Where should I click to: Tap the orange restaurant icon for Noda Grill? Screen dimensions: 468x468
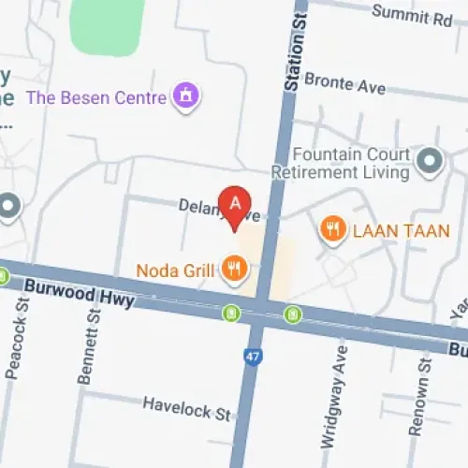point(234,271)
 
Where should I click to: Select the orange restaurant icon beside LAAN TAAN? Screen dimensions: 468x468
point(331,228)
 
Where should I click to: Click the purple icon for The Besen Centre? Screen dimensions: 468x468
point(186,95)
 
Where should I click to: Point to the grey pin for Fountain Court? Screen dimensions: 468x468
point(430,162)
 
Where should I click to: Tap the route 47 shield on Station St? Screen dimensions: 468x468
point(252,356)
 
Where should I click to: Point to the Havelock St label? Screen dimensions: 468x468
point(185,407)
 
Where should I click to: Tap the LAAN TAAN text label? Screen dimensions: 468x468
point(400,229)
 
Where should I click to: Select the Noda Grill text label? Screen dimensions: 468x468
point(176,271)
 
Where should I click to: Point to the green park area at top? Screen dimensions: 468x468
point(106,23)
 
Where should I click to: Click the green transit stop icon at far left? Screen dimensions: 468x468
point(4,276)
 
